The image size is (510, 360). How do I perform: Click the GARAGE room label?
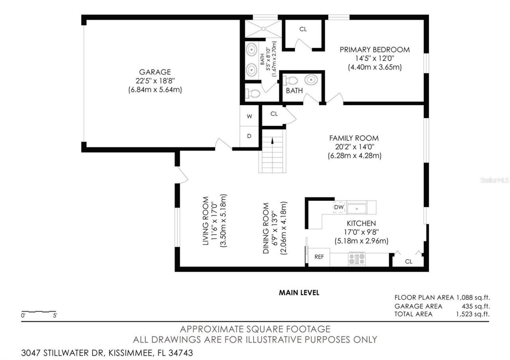[155, 72]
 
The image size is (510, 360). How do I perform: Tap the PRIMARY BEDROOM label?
[375, 50]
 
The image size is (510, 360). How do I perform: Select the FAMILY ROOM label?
[353, 138]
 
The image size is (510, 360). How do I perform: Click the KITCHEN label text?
[361, 223]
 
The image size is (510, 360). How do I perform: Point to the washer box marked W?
[249, 117]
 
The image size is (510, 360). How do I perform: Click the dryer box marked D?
[249, 136]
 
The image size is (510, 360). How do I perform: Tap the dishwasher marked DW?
[338, 207]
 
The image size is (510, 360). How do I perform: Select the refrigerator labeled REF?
[319, 257]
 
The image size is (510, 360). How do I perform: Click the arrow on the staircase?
[273, 141]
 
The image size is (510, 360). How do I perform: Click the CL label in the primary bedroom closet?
[303, 29]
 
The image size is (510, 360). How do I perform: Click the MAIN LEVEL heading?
[299, 293]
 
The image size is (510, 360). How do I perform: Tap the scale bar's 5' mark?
[55, 315]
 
